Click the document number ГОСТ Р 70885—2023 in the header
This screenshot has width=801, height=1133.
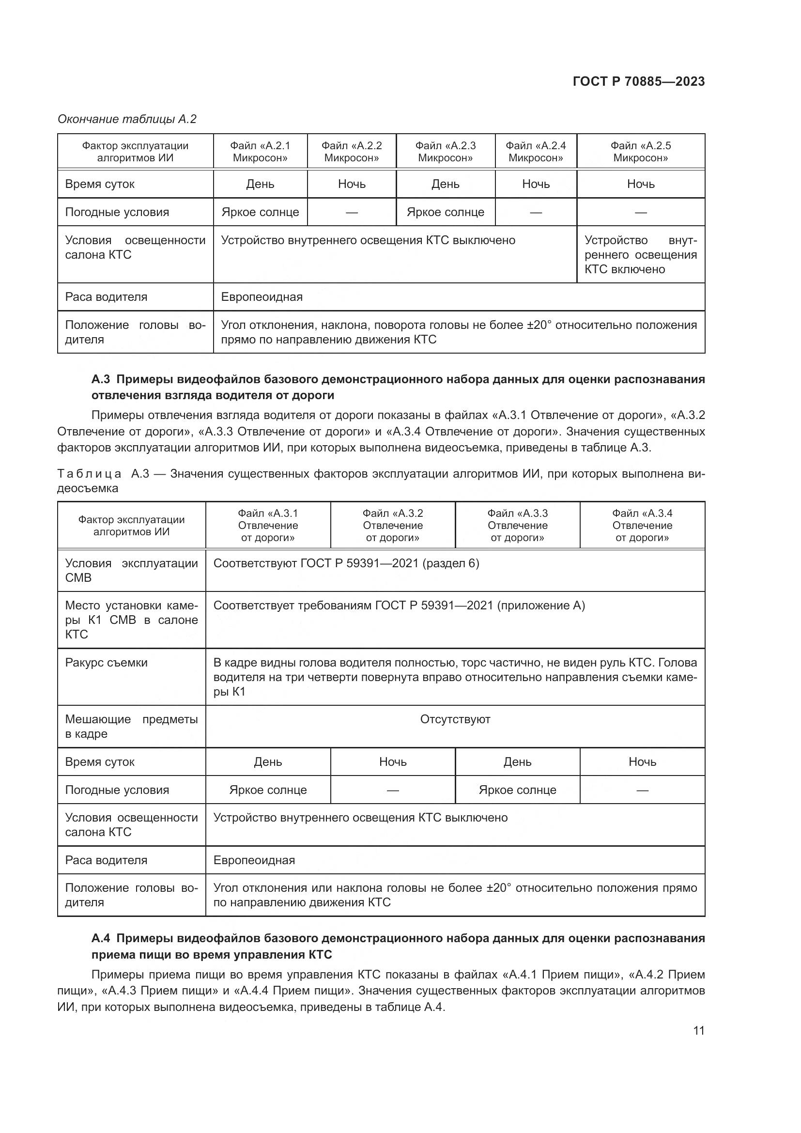[639, 81]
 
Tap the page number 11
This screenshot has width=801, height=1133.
[698, 1030]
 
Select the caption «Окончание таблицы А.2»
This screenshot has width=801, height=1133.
[127, 119]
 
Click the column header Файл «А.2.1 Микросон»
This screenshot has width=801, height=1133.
[260, 152]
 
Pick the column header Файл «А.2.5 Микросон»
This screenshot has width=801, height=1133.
[640, 152]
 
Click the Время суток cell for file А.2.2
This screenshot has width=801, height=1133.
[351, 184]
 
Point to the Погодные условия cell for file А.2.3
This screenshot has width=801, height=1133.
[445, 212]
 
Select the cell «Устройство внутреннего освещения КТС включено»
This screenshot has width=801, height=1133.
[640, 255]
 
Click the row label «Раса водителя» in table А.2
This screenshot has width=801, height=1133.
[106, 297]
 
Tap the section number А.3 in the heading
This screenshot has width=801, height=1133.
[100, 379]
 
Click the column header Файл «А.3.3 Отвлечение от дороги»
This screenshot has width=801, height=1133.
[517, 525]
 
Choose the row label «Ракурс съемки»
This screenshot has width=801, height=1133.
[106, 663]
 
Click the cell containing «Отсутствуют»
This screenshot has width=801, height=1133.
[455, 719]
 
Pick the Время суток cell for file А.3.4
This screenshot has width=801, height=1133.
[642, 762]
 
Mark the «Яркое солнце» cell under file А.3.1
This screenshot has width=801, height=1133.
[268, 790]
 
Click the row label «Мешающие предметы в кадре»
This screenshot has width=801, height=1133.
[131, 727]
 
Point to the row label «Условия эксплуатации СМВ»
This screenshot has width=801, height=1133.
[131, 571]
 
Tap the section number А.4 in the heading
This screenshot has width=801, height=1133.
[100, 938]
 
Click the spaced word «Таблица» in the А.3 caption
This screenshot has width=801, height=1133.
[89, 474]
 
